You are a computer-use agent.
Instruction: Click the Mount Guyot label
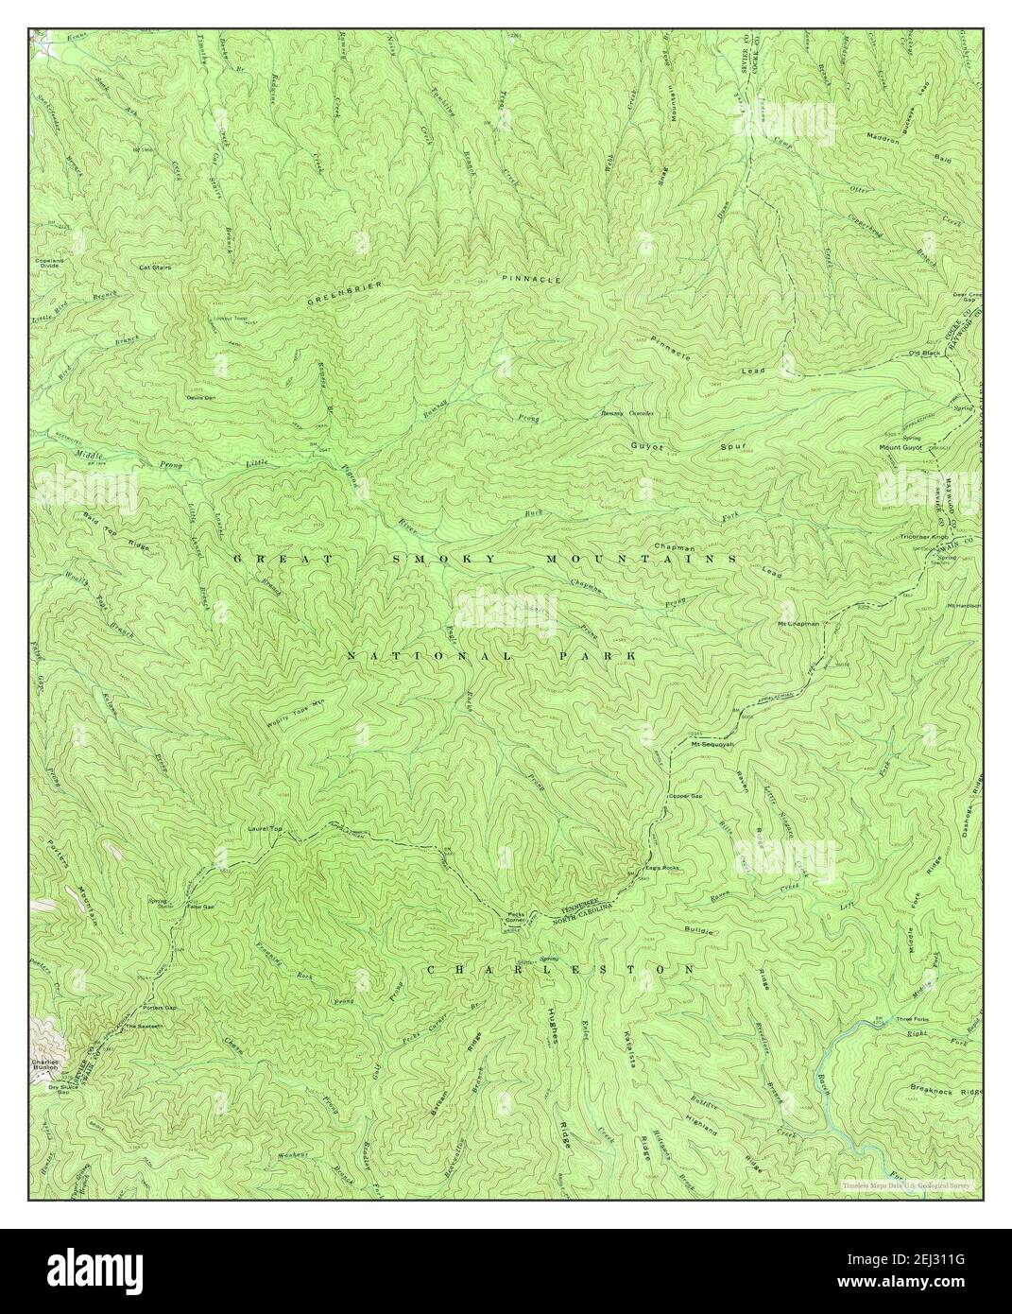(901, 447)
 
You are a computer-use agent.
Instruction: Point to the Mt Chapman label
(798, 624)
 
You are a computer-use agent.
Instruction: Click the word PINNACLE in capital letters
(531, 281)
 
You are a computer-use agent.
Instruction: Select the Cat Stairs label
(154, 268)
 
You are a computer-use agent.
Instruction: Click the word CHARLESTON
(561, 970)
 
